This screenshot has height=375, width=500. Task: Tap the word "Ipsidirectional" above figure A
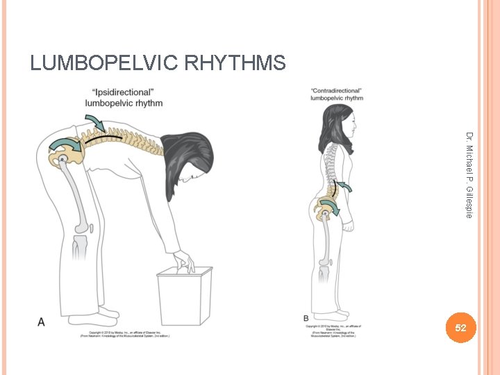125,92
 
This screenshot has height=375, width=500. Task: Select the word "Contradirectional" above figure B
336,91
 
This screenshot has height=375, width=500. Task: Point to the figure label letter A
41,322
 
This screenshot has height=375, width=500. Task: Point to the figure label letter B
306,318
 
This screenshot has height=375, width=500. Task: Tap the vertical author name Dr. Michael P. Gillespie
469,175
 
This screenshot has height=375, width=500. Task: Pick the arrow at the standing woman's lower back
342,186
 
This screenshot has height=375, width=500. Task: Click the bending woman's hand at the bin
185,261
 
